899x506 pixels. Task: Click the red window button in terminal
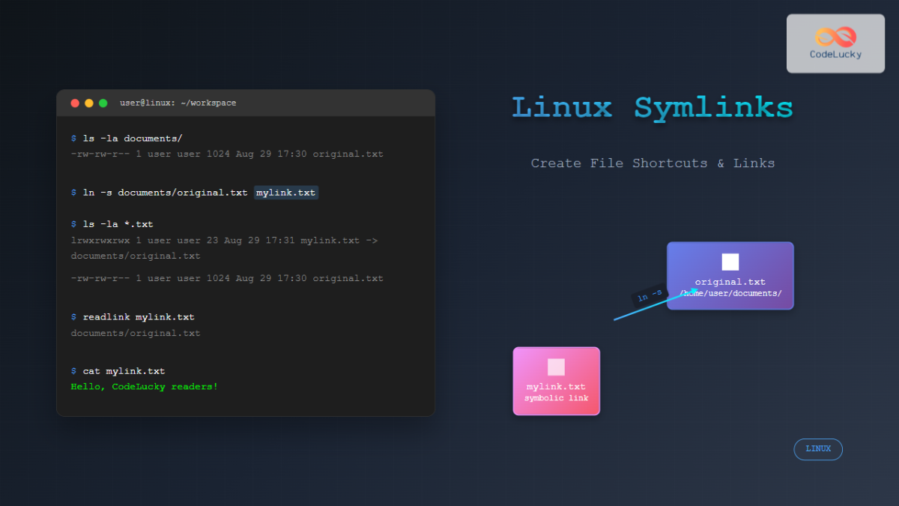(x=75, y=103)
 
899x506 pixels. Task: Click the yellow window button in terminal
(x=89, y=103)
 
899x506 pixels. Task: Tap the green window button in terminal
(x=103, y=103)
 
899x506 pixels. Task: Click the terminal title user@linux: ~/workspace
(x=178, y=103)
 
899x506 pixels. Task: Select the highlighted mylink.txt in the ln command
(x=286, y=193)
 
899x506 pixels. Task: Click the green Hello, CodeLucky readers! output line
(x=145, y=387)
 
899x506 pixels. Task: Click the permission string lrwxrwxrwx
(x=100, y=241)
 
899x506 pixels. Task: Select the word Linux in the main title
(x=562, y=108)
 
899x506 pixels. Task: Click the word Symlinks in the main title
(x=713, y=108)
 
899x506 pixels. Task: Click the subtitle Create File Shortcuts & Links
(x=653, y=163)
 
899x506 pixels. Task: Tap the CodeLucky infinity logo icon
(x=835, y=37)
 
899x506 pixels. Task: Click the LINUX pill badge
(x=818, y=449)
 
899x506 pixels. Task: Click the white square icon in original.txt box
(x=730, y=262)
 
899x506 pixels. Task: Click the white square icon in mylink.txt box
(x=556, y=367)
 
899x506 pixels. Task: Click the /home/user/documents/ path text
(x=730, y=293)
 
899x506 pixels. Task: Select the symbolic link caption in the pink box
(x=556, y=397)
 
